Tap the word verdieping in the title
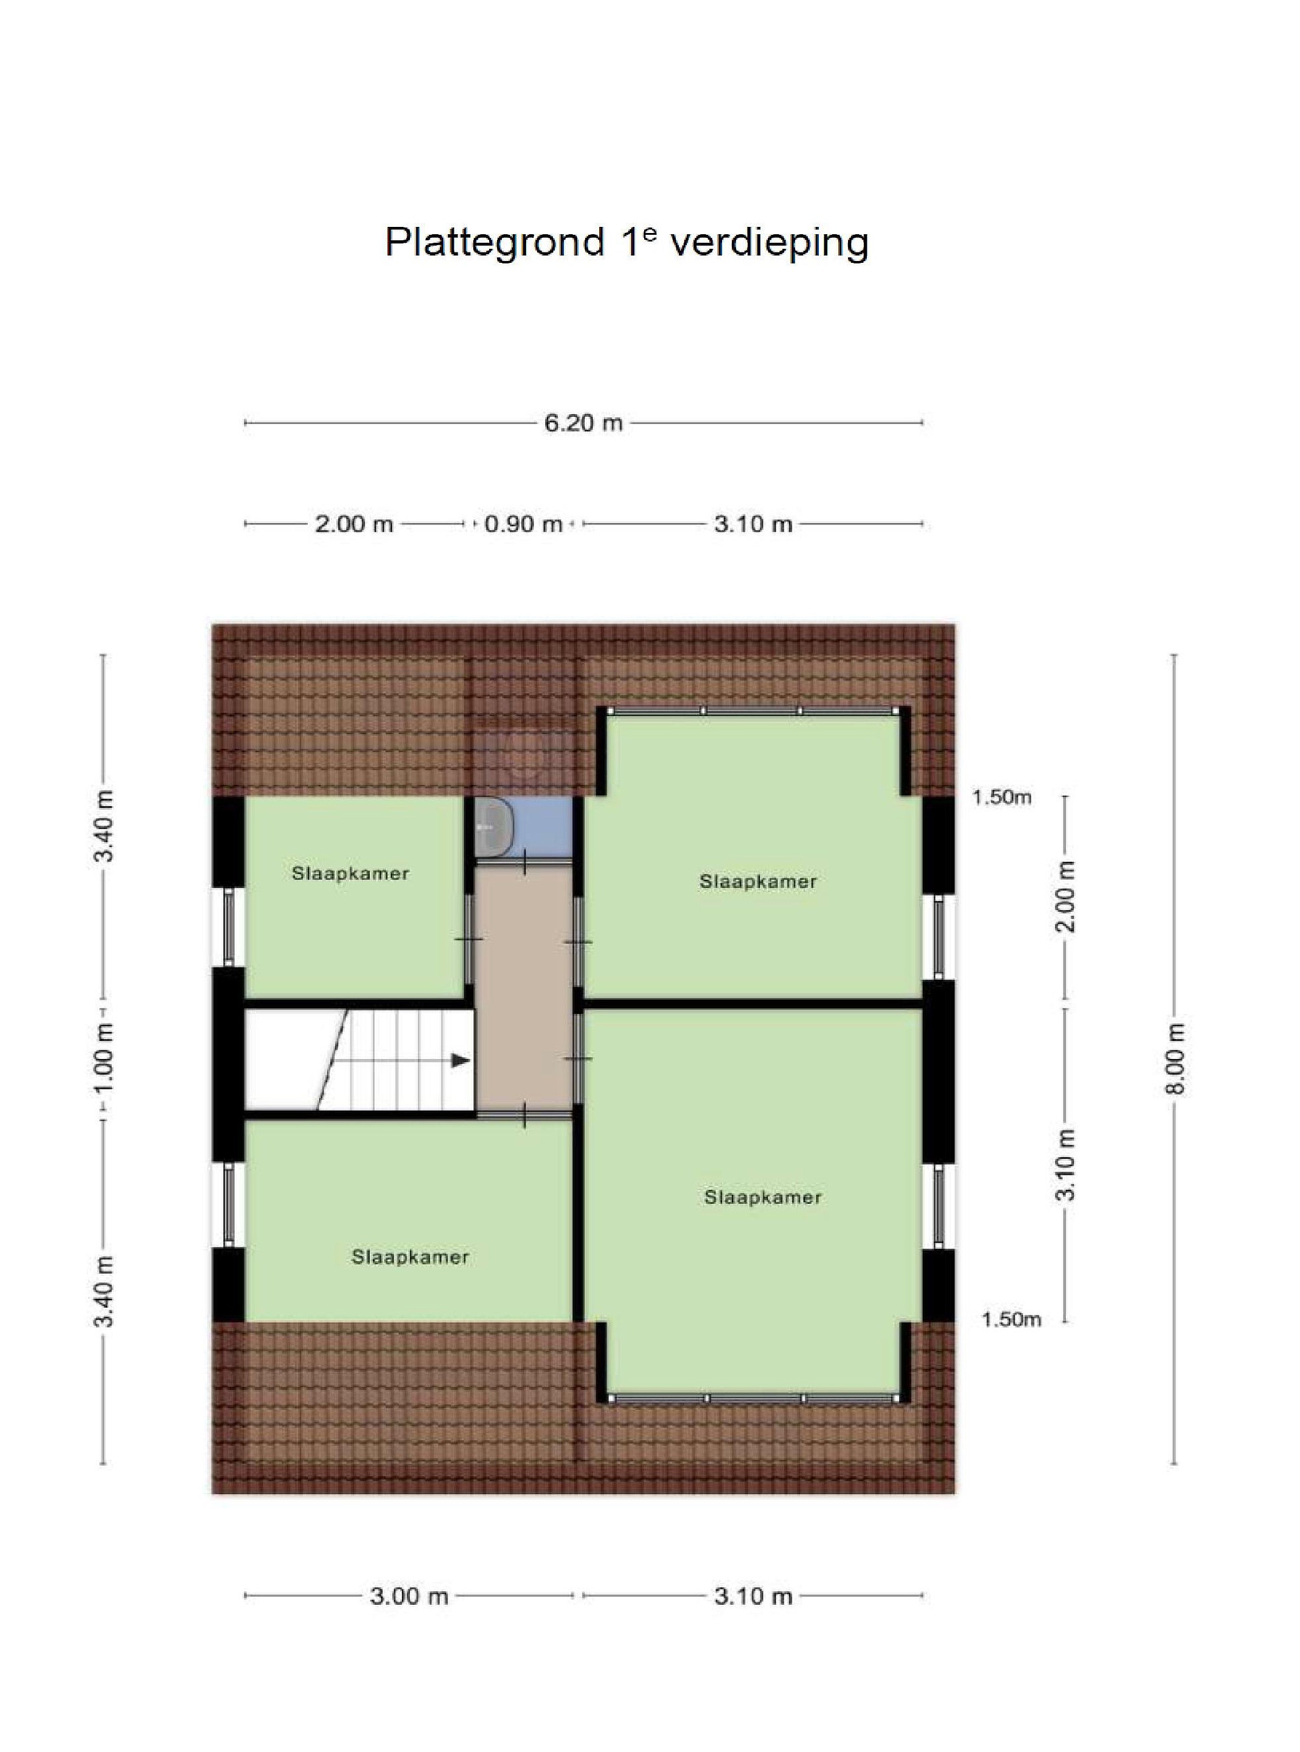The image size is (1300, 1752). point(769,244)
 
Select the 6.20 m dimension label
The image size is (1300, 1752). point(583,423)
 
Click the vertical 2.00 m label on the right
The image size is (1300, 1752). point(1066,897)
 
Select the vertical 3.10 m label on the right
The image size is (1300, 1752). point(1066,1164)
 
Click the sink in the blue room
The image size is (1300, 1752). point(496,826)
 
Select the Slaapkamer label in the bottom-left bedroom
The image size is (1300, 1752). point(410,1257)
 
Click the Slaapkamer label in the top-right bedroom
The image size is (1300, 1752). point(758,882)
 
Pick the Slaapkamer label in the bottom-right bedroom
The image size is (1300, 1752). point(762,1197)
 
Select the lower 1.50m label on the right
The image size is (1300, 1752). point(1011,1319)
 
